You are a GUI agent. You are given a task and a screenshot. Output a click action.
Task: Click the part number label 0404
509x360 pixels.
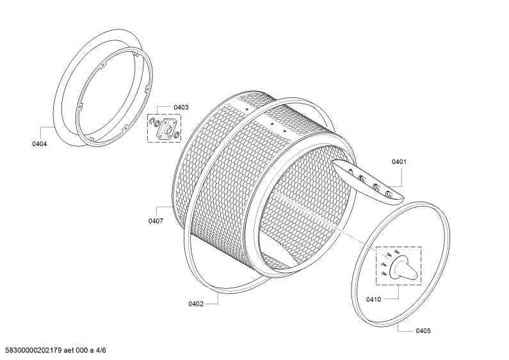[39, 144]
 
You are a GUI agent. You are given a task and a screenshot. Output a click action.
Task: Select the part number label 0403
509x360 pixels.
[181, 107]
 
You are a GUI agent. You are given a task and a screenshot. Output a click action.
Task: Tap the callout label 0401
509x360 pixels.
[399, 162]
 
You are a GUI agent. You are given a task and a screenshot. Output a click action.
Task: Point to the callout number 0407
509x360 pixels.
[156, 221]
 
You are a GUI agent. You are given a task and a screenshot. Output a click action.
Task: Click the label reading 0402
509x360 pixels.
[196, 304]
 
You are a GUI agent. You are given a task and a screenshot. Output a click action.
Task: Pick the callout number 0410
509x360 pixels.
[373, 299]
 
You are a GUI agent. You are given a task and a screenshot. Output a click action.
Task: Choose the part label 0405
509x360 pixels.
[423, 331]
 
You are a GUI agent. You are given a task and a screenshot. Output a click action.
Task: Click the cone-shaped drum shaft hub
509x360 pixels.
[403, 266]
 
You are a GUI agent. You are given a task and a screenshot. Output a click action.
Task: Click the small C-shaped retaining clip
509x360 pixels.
[152, 122]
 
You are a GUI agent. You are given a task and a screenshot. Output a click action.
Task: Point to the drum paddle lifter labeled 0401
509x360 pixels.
[368, 182]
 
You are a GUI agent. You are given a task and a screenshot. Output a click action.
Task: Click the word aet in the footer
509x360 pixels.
[69, 350]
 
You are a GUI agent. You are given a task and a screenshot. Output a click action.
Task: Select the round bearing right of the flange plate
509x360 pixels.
[177, 135]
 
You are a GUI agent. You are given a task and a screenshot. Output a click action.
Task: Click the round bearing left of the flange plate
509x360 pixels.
[157, 124]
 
